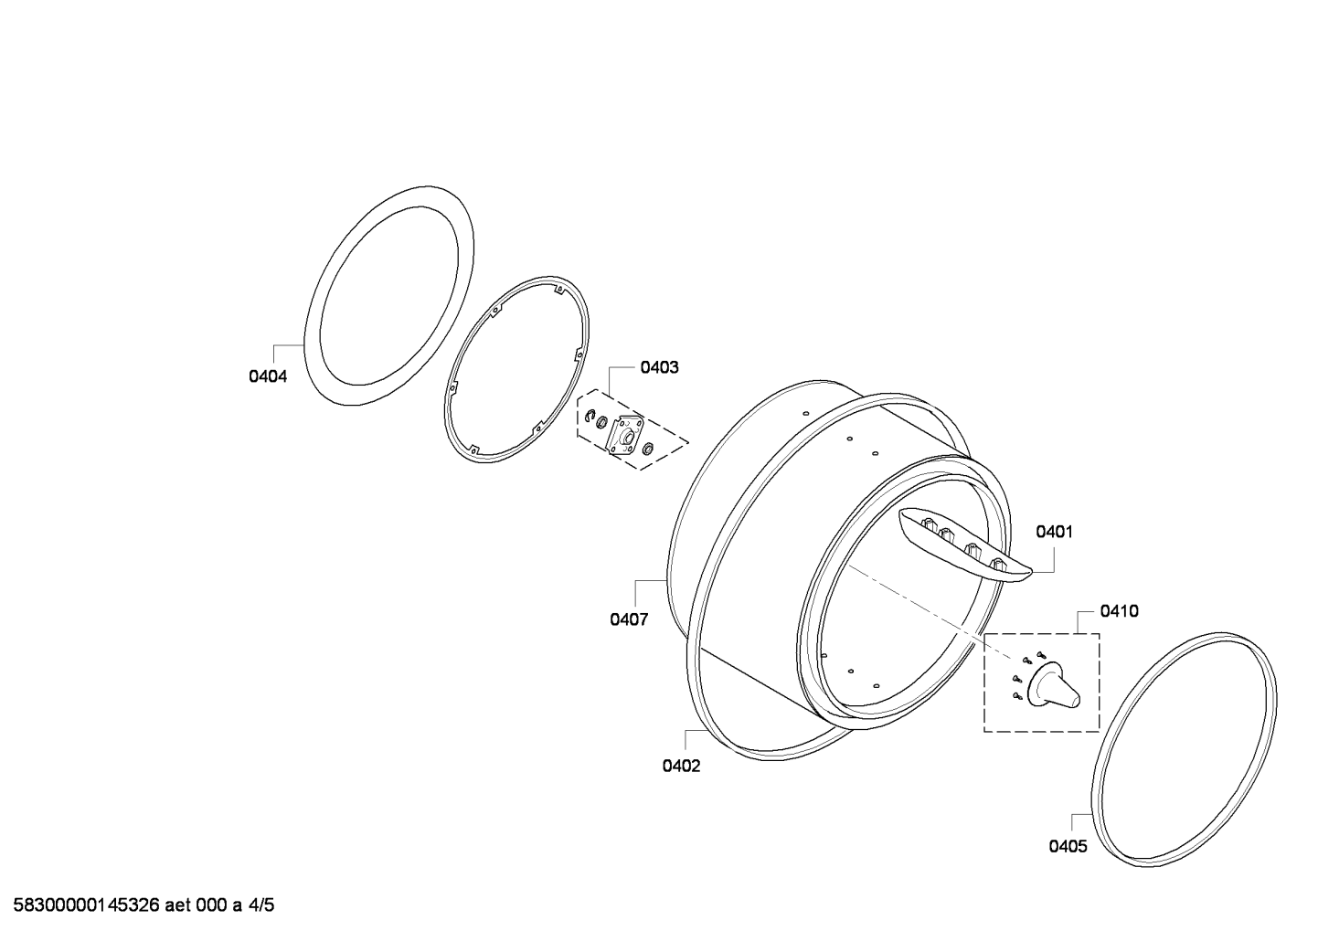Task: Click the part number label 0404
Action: pos(268,376)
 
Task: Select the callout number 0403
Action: pos(659,367)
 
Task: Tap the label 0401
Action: pos(1055,533)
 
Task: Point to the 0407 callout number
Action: pos(629,619)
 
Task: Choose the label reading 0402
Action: pos(681,767)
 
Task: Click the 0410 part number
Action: pos(1119,611)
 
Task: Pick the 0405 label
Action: pos(1068,847)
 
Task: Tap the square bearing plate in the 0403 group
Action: pos(625,435)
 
